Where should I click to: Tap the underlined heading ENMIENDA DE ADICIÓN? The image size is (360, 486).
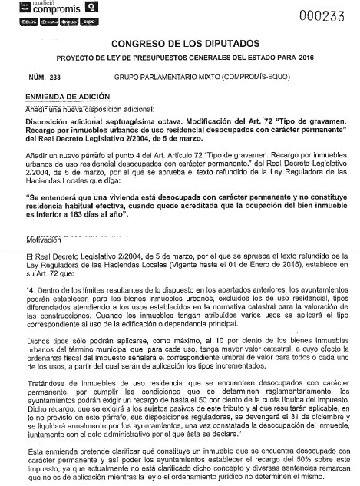pyautogui.click(x=68, y=98)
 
